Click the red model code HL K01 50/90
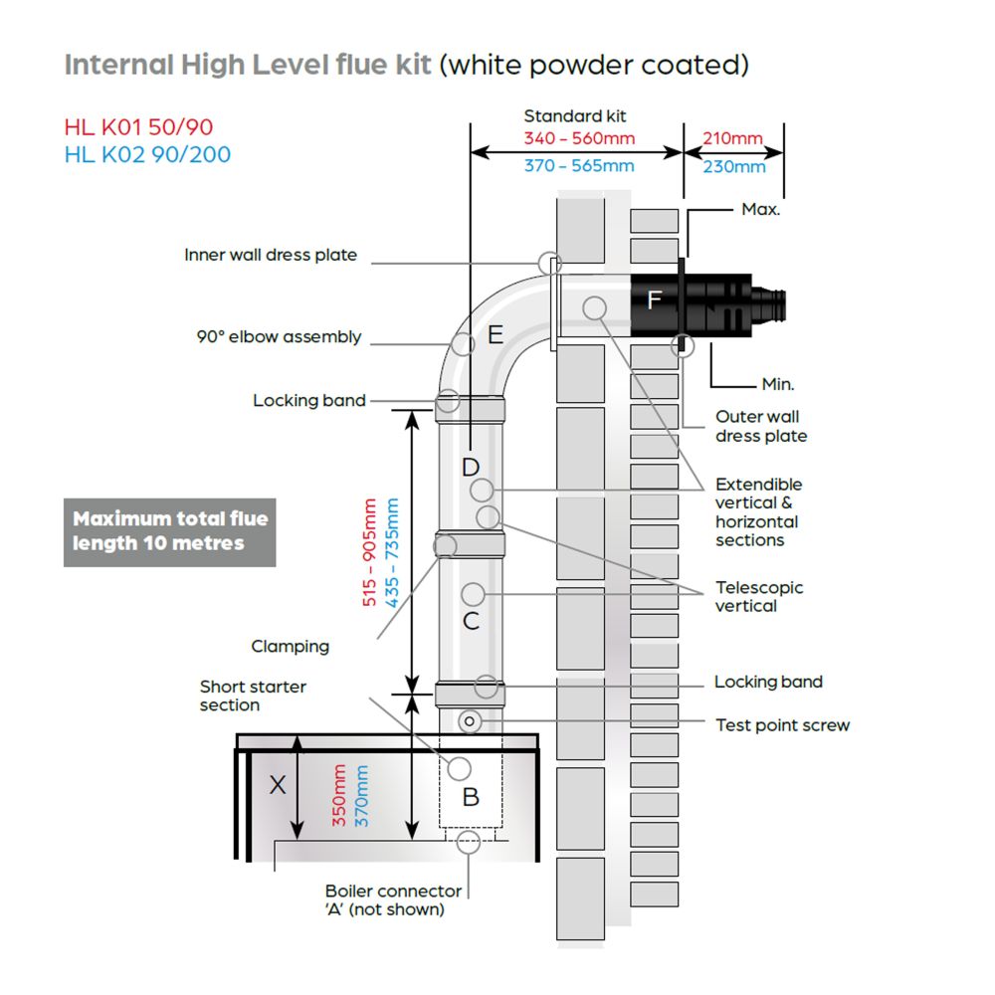pyautogui.click(x=138, y=127)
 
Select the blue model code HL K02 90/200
pyautogui.click(x=147, y=154)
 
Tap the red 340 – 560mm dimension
pyautogui.click(x=579, y=138)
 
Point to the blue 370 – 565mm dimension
pyautogui.click(x=579, y=165)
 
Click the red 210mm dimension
pyautogui.click(x=733, y=138)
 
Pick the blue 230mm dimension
pyautogui.click(x=734, y=166)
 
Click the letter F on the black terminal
pyautogui.click(x=655, y=299)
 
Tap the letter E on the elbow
pyautogui.click(x=496, y=334)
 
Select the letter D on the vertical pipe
pyautogui.click(x=471, y=468)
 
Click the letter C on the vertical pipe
pyautogui.click(x=471, y=621)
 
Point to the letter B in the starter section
pyautogui.click(x=471, y=797)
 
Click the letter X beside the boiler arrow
pyautogui.click(x=278, y=785)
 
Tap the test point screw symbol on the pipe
pyautogui.click(x=470, y=721)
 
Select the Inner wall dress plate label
pyautogui.click(x=271, y=255)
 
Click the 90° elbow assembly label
pyautogui.click(x=279, y=336)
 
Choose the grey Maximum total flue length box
pyautogui.click(x=169, y=532)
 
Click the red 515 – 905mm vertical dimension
pyautogui.click(x=369, y=552)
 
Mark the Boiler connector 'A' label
pyautogui.click(x=393, y=899)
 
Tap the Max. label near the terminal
pyautogui.click(x=761, y=209)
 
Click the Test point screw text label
pyautogui.click(x=782, y=725)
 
